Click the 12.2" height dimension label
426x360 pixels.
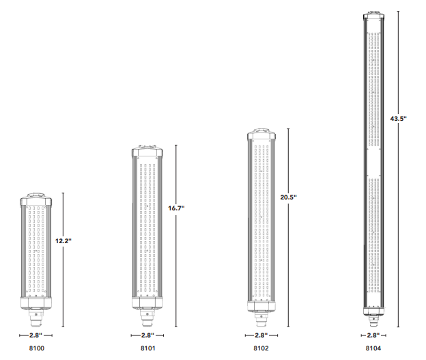coord(63,241)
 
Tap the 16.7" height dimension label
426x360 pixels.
coord(176,208)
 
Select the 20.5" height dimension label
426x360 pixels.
coord(289,197)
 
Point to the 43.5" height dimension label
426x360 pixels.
coord(398,119)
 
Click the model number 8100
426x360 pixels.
coord(37,348)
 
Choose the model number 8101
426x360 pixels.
coord(148,348)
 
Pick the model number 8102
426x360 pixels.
coord(261,348)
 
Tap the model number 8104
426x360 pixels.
coord(373,348)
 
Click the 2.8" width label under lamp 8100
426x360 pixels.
coord(36,335)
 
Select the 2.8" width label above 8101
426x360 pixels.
coord(147,335)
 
